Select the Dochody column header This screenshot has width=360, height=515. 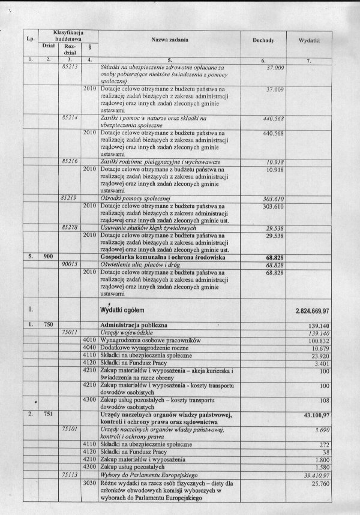[x=263, y=40]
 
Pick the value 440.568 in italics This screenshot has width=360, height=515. [x=273, y=119]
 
